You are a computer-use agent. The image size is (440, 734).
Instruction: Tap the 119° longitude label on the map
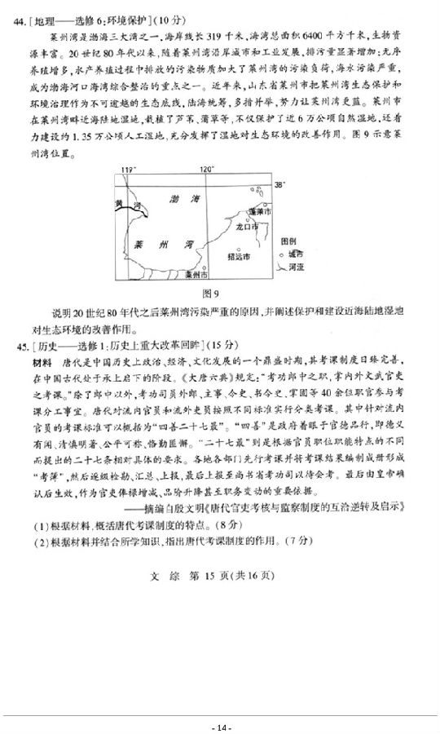click(x=127, y=170)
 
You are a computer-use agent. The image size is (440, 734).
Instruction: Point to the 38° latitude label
click(x=280, y=185)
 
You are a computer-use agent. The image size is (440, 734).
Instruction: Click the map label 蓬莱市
click(x=261, y=210)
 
